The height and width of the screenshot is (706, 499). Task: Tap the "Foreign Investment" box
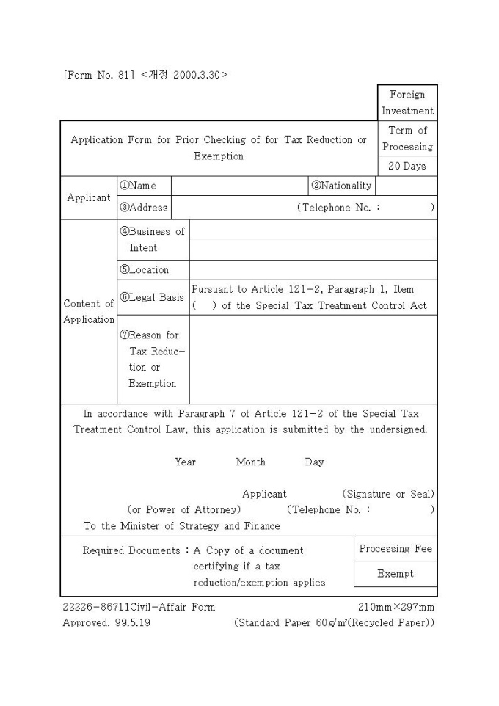[407, 103]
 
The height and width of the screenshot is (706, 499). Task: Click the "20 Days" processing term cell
[407, 166]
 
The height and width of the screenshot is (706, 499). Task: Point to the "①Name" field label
[138, 186]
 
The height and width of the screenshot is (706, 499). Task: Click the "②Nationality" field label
[341, 186]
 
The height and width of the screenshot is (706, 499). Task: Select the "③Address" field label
[143, 208]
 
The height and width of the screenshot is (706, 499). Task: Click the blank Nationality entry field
[407, 186]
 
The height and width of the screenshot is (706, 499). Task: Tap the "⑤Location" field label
[144, 269]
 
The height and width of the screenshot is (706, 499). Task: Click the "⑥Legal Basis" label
[151, 297]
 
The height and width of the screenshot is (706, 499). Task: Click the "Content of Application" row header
[89, 311]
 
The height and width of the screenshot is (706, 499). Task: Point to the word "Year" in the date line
[185, 462]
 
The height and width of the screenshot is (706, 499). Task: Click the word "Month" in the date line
[250, 462]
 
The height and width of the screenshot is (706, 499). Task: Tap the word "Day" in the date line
[314, 462]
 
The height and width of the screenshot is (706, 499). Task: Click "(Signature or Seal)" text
[388, 494]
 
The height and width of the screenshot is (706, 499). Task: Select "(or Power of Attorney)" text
[183, 509]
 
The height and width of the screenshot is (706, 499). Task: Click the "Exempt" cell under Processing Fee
[396, 574]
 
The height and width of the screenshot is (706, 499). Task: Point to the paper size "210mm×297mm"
[396, 607]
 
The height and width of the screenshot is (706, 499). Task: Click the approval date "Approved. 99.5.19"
[106, 623]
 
